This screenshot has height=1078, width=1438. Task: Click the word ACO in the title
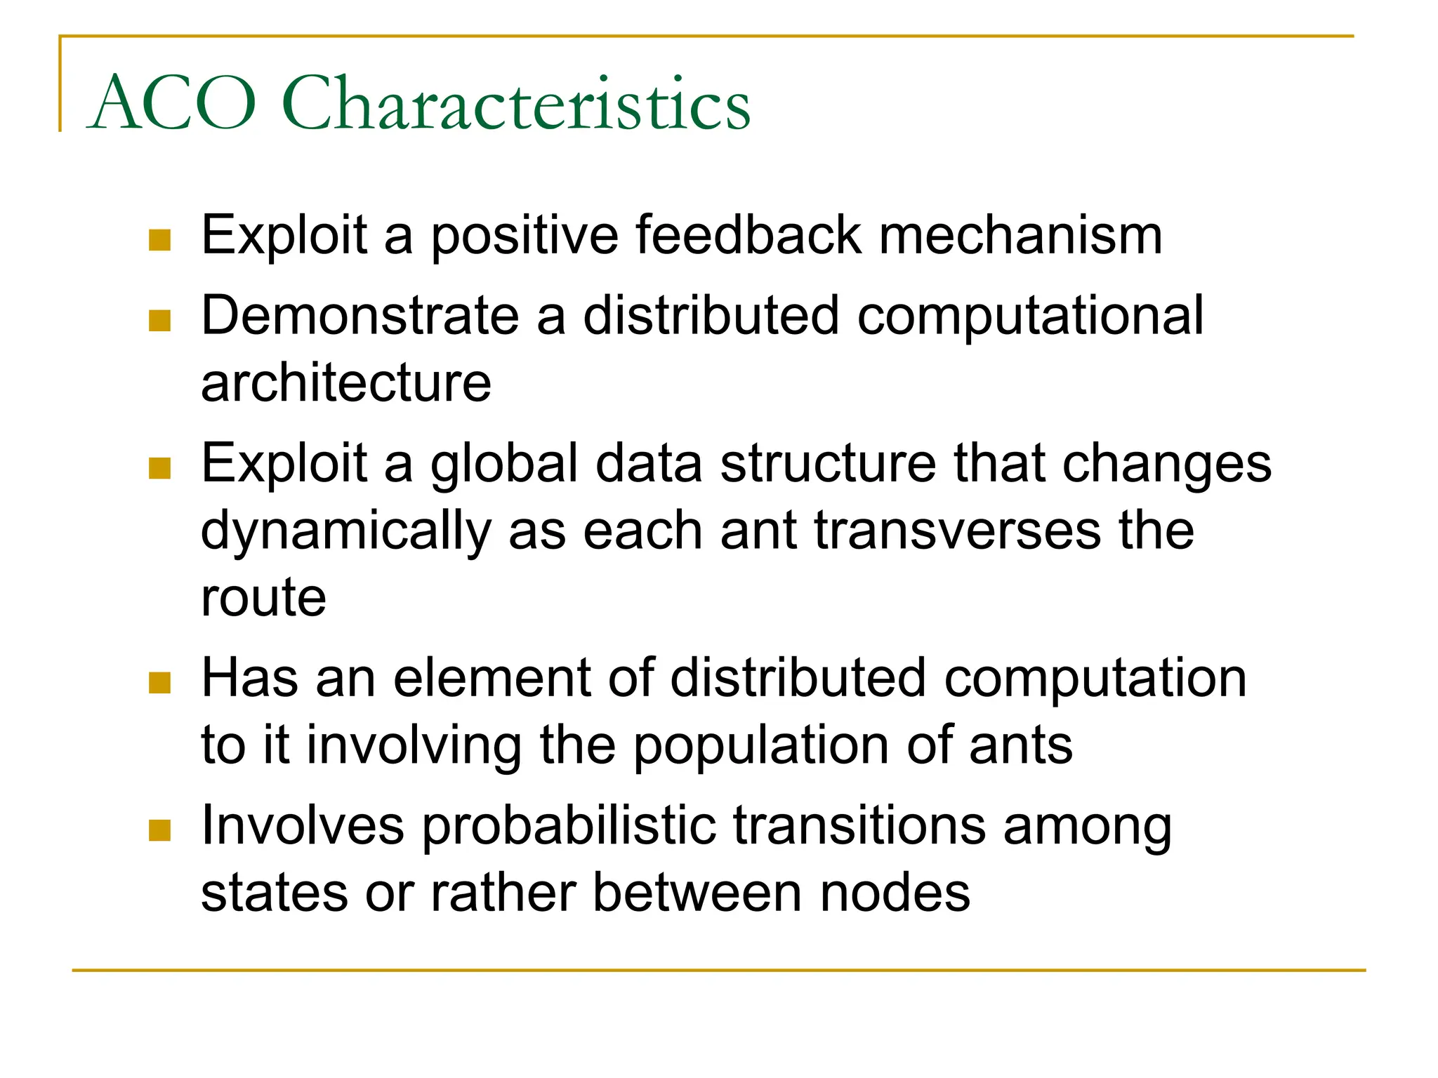click(172, 104)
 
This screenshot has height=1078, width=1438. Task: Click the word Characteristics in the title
click(516, 104)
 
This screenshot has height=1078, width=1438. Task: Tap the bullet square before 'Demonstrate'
click(160, 321)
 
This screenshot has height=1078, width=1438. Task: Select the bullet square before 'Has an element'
click(160, 683)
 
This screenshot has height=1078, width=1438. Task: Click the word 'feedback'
click(748, 235)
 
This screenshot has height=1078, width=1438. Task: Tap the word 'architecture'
click(346, 384)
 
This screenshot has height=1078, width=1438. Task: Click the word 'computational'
click(1030, 316)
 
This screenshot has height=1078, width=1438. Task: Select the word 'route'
click(264, 599)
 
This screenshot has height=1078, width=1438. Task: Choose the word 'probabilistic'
click(569, 827)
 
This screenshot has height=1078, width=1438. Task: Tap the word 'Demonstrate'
click(360, 316)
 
